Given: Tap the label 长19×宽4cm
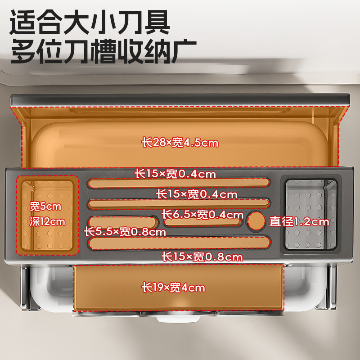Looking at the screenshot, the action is (173, 287).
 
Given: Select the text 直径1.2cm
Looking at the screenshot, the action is (299, 221).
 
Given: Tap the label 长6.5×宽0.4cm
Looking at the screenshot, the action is (202, 215).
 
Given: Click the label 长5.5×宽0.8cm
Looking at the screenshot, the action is (125, 232).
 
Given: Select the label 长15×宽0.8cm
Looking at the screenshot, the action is (202, 257).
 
